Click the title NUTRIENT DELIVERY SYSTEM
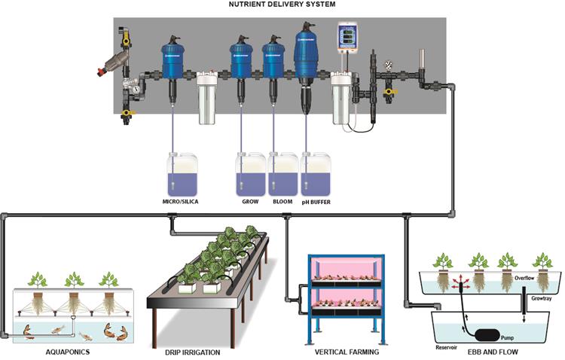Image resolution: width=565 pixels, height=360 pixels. click(x=282, y=5)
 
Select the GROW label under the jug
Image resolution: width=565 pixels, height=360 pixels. click(x=249, y=202)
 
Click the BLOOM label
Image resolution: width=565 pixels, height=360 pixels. click(x=282, y=202)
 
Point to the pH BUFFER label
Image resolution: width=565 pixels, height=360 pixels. click(x=315, y=202)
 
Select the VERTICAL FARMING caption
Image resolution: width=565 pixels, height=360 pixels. click(x=347, y=351)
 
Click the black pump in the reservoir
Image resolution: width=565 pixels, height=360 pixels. click(x=489, y=331)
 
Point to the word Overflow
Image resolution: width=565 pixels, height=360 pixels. click(x=524, y=277)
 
